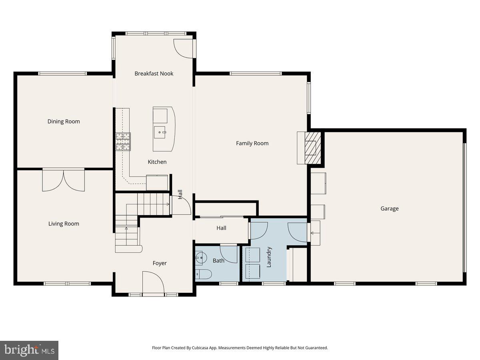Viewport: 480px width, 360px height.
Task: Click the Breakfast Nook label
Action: (x=154, y=74)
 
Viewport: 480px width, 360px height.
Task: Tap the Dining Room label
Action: (x=64, y=122)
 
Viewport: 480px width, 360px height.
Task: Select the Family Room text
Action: (x=252, y=143)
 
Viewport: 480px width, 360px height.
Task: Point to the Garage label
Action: (x=389, y=208)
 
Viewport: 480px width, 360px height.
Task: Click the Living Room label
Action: (x=64, y=224)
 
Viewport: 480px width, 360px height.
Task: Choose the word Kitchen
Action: (x=157, y=162)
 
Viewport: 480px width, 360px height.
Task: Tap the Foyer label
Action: (x=160, y=263)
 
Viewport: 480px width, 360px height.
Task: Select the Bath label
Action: (x=218, y=261)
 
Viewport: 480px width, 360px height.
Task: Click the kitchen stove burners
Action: (x=123, y=142)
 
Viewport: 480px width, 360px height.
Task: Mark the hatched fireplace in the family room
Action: (x=312, y=148)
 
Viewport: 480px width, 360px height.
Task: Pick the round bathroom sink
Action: (x=200, y=257)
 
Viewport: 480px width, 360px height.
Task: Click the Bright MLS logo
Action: (x=29, y=350)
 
